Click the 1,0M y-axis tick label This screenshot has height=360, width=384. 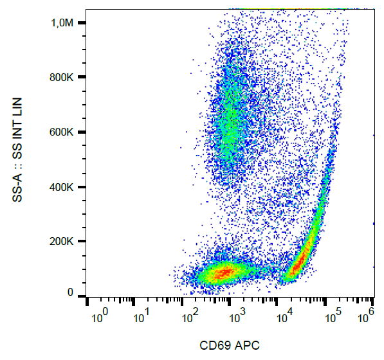point(64,23)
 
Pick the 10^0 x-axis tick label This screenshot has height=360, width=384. point(99,316)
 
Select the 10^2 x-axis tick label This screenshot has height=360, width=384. point(190,316)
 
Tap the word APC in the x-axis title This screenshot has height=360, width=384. point(247,345)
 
